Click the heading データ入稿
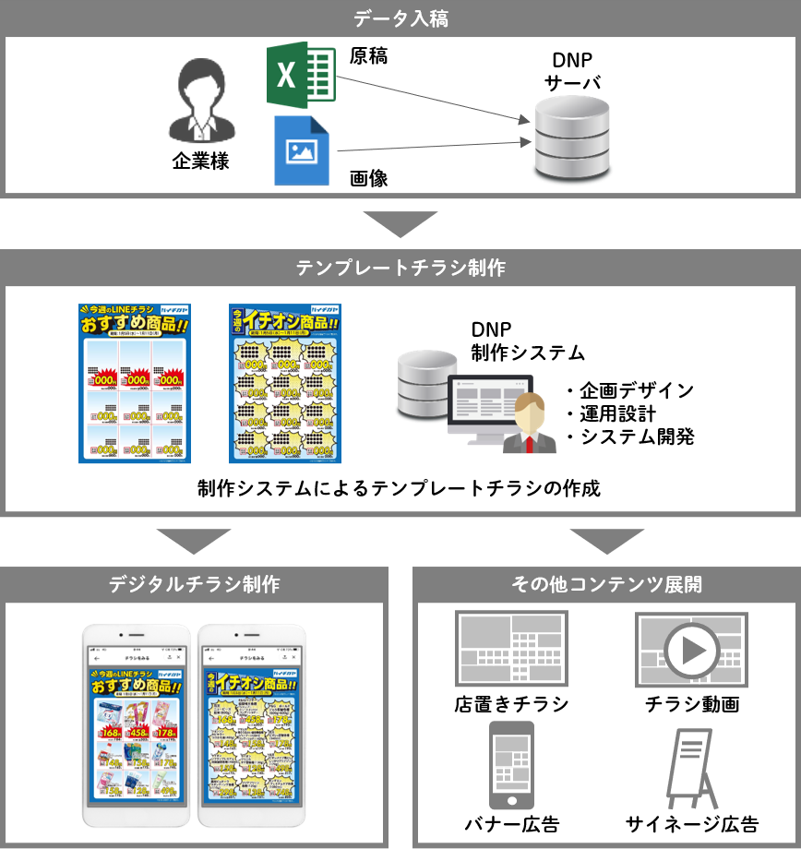point(400,18)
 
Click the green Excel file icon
point(301,77)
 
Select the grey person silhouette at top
point(202,101)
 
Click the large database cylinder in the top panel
point(572,137)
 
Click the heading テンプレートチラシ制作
point(400,269)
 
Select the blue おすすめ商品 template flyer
point(135,383)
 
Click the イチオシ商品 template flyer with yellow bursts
point(285,383)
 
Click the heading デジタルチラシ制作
point(194,584)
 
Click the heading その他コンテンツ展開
point(606,584)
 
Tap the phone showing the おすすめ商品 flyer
point(137,725)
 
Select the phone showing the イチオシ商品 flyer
point(251,725)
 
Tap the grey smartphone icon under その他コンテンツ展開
point(510,765)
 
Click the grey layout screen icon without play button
point(511,649)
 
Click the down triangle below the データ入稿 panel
point(400,224)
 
